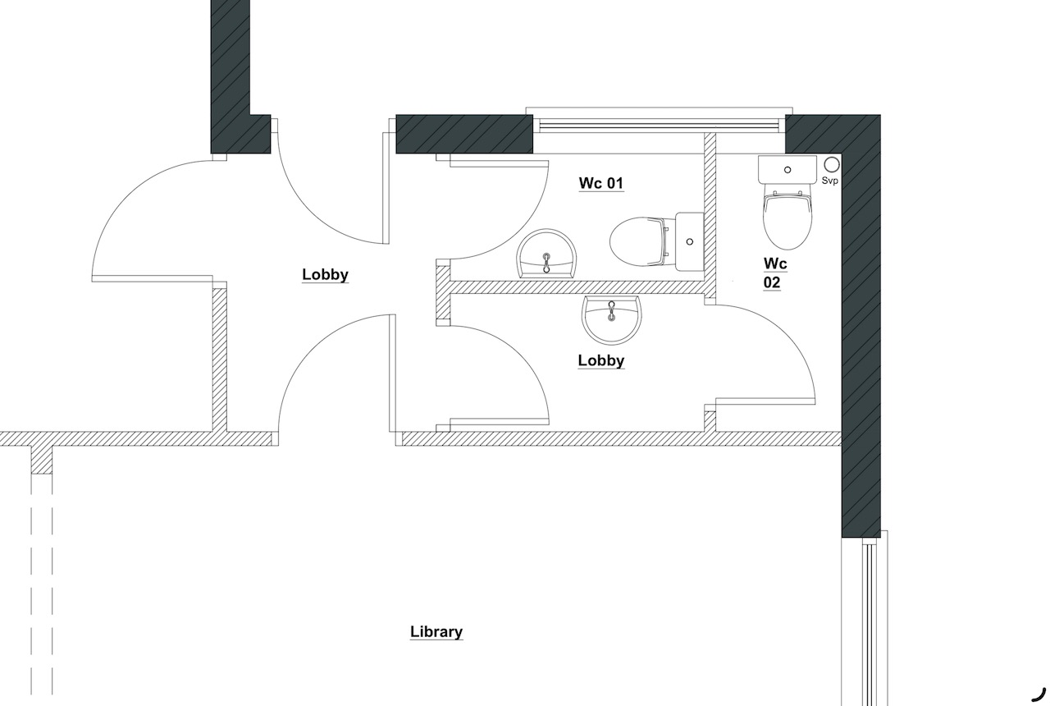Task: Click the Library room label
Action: click(436, 631)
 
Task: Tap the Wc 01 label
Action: click(601, 183)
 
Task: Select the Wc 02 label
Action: click(775, 273)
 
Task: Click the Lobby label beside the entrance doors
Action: click(325, 274)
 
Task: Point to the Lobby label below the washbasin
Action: click(601, 360)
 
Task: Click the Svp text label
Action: click(829, 181)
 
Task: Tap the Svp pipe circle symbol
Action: click(832, 165)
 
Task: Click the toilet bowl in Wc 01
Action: click(637, 242)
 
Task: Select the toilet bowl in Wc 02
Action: click(787, 220)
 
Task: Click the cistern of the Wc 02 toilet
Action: click(787, 170)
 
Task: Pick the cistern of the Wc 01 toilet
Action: click(690, 241)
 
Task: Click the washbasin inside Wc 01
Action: click(546, 254)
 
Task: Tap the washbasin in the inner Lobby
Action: click(611, 319)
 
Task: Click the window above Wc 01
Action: click(659, 124)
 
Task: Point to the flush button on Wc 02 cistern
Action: click(787, 170)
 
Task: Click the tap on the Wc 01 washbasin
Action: click(546, 263)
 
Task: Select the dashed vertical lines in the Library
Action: click(42, 584)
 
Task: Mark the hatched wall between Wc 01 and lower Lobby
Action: click(577, 287)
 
